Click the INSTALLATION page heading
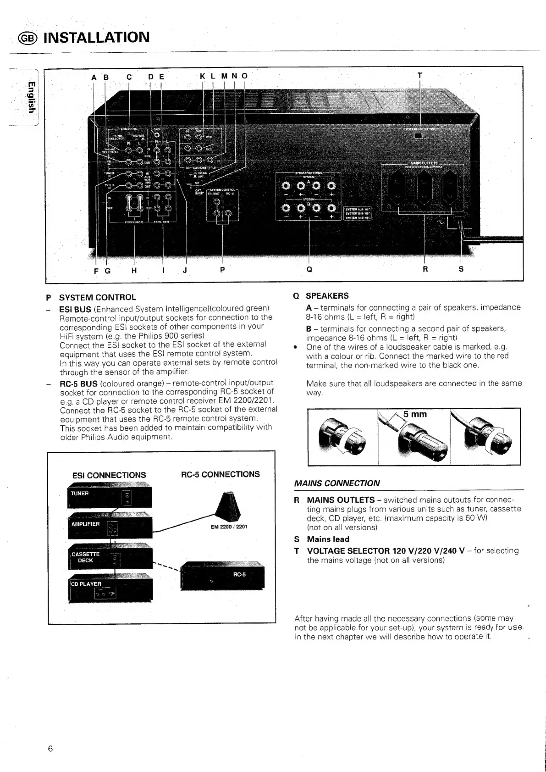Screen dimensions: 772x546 click(x=96, y=37)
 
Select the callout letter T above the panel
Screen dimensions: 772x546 click(x=419, y=75)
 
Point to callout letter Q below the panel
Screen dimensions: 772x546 click(x=309, y=270)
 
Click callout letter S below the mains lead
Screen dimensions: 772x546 click(x=461, y=270)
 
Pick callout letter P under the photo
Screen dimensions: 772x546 click(x=222, y=270)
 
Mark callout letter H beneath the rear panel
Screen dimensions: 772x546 click(x=134, y=270)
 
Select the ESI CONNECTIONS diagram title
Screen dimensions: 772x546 click(x=109, y=475)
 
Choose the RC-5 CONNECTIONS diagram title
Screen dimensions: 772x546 click(x=221, y=474)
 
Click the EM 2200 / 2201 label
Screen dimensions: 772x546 click(x=229, y=527)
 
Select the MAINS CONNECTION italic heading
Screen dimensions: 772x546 click(x=337, y=483)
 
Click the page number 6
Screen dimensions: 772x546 click(x=50, y=749)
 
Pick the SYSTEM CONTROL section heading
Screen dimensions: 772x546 click(x=97, y=297)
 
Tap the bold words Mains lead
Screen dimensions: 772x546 click(x=328, y=539)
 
